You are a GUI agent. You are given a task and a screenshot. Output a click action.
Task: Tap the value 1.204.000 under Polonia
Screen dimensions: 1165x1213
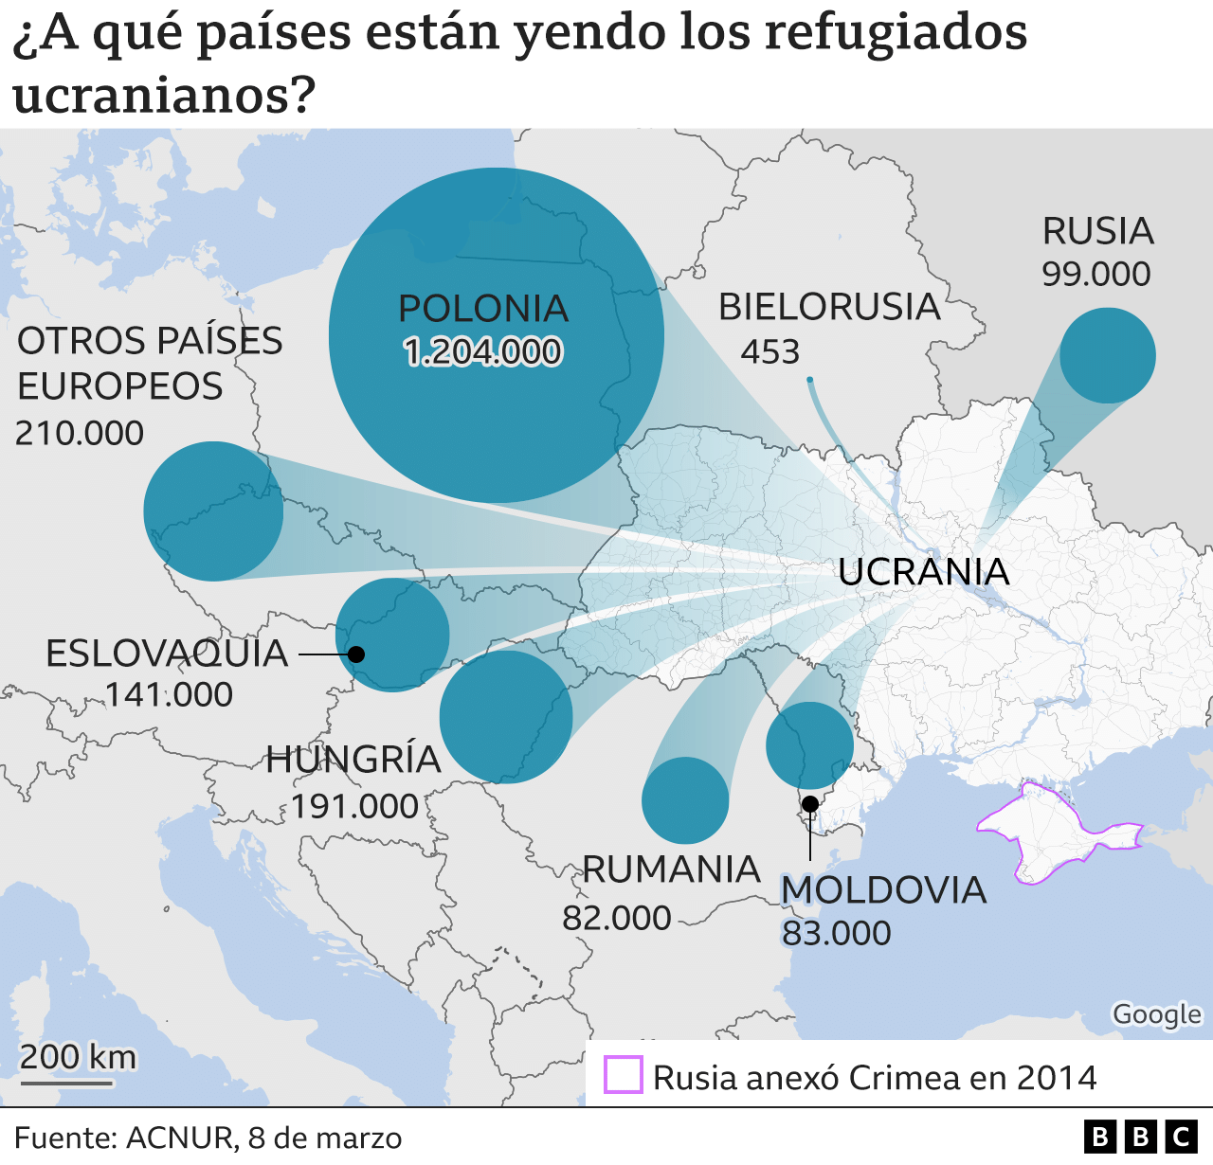click(482, 352)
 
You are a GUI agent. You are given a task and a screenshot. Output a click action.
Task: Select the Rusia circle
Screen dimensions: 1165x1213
click(1107, 355)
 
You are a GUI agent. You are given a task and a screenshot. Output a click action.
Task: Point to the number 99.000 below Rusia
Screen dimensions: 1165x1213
click(1095, 275)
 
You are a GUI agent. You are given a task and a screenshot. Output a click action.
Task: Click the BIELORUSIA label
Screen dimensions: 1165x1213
click(829, 307)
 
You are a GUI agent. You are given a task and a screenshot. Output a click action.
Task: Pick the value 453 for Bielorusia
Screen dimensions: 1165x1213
click(769, 352)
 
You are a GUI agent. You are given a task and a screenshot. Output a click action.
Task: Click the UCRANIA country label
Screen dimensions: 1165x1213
click(923, 572)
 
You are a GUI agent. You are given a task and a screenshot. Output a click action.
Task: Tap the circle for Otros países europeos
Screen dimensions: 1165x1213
click(213, 511)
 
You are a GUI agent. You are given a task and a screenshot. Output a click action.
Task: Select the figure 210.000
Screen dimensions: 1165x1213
click(80, 433)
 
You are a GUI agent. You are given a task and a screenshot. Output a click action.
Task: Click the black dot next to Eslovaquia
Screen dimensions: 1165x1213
click(356, 654)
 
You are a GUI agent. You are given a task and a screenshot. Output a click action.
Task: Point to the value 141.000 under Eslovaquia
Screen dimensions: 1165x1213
click(169, 694)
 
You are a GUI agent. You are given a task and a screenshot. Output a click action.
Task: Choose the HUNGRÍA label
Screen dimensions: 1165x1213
click(353, 760)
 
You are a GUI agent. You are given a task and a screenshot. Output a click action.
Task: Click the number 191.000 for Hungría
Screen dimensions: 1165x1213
click(354, 806)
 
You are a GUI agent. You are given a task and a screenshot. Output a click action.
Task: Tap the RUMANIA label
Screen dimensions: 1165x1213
click(671, 869)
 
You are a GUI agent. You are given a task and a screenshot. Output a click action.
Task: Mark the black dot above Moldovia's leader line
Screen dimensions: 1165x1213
click(810, 804)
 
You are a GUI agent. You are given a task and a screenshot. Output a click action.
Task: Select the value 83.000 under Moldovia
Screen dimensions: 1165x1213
click(836, 933)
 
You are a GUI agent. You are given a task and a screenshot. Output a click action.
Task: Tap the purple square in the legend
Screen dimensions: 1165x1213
click(624, 1076)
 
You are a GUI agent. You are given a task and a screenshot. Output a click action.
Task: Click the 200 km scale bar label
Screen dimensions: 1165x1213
click(78, 1057)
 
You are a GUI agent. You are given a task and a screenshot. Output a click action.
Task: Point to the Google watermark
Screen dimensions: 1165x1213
click(1156, 1014)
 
